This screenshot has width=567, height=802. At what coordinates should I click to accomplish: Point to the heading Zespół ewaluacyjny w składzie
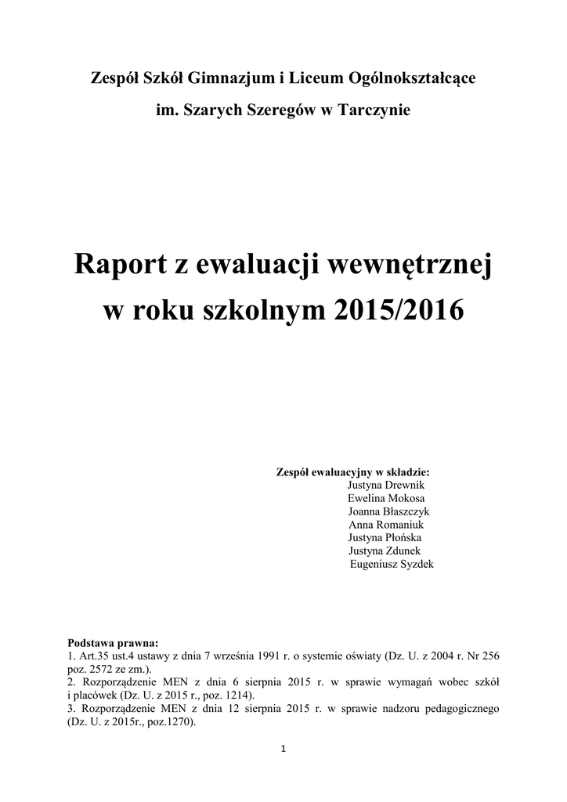point(353,472)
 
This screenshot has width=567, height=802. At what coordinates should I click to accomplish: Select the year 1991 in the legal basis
point(266,656)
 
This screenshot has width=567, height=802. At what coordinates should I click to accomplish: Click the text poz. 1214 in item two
point(233,695)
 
